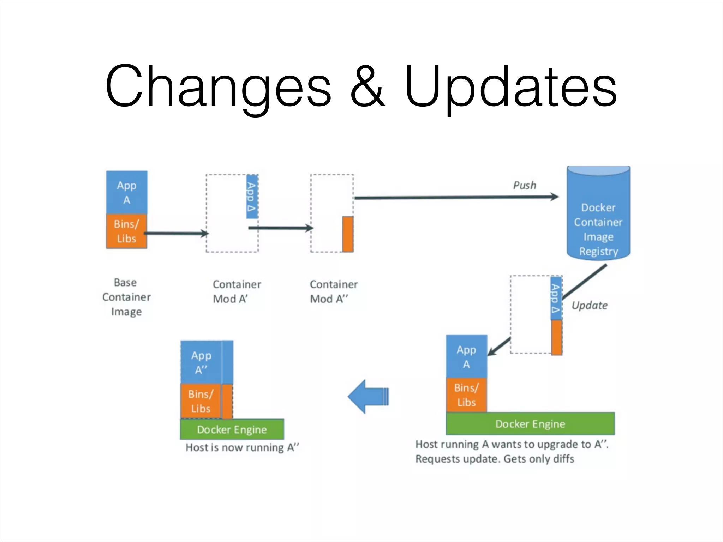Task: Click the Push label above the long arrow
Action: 525,186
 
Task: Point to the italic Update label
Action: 590,306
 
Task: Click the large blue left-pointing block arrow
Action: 368,396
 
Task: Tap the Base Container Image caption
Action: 126,297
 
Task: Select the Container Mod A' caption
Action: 237,292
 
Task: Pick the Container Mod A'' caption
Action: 334,292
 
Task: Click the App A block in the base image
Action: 127,193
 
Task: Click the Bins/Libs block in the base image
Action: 127,231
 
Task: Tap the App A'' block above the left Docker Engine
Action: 201,362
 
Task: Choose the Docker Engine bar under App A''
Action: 232,429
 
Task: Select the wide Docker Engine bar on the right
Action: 530,424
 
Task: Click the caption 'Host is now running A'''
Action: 242,448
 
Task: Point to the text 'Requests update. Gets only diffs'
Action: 495,459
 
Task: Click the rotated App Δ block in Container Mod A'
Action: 252,197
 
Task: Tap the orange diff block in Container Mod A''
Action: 348,234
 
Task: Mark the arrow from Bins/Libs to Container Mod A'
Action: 176,233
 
